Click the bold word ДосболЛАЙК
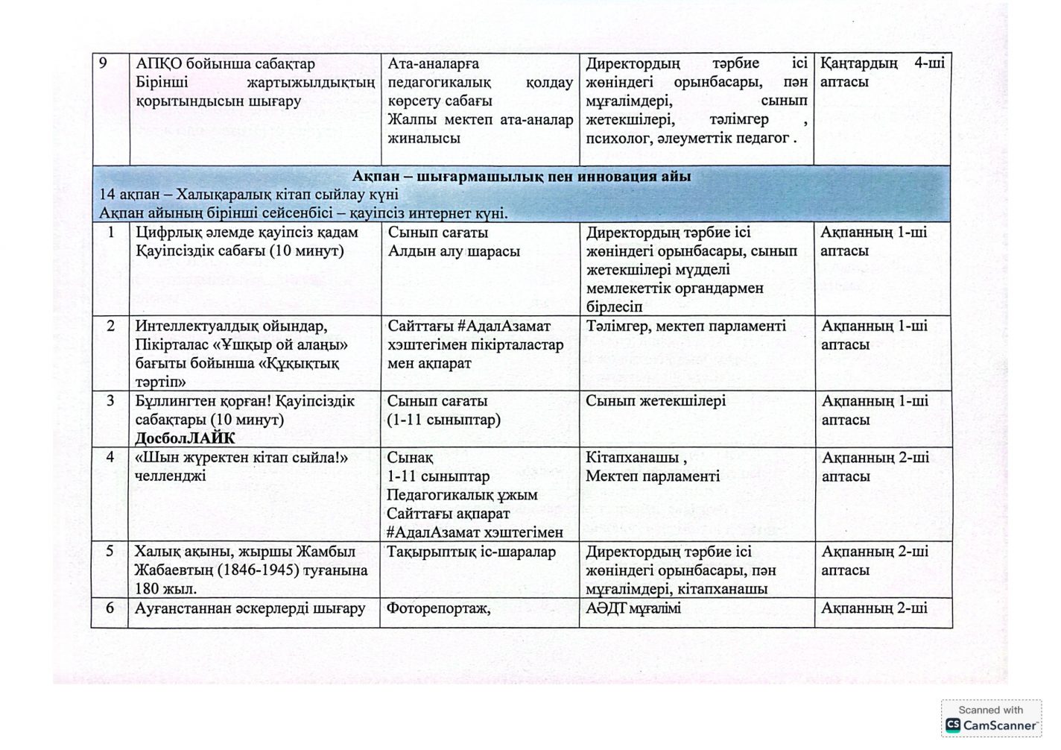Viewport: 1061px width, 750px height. [184, 438]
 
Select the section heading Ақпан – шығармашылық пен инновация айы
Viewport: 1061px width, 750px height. [522, 177]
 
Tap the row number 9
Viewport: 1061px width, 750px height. [104, 63]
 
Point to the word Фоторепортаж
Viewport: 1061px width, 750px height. [438, 608]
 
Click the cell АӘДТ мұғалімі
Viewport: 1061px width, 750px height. [633, 608]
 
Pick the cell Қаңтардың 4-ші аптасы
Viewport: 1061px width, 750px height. [881, 73]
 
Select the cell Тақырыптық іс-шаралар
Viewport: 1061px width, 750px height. [471, 552]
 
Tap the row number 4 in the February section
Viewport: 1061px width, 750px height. [110, 457]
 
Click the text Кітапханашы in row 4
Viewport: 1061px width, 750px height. [632, 458]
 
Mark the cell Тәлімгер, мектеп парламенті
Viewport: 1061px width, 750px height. [685, 327]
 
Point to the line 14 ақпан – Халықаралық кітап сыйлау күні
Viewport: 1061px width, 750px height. [250, 195]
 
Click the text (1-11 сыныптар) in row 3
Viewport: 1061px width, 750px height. [443, 420]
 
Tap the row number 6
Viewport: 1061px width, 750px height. [110, 608]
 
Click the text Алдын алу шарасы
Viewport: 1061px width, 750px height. [454, 251]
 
